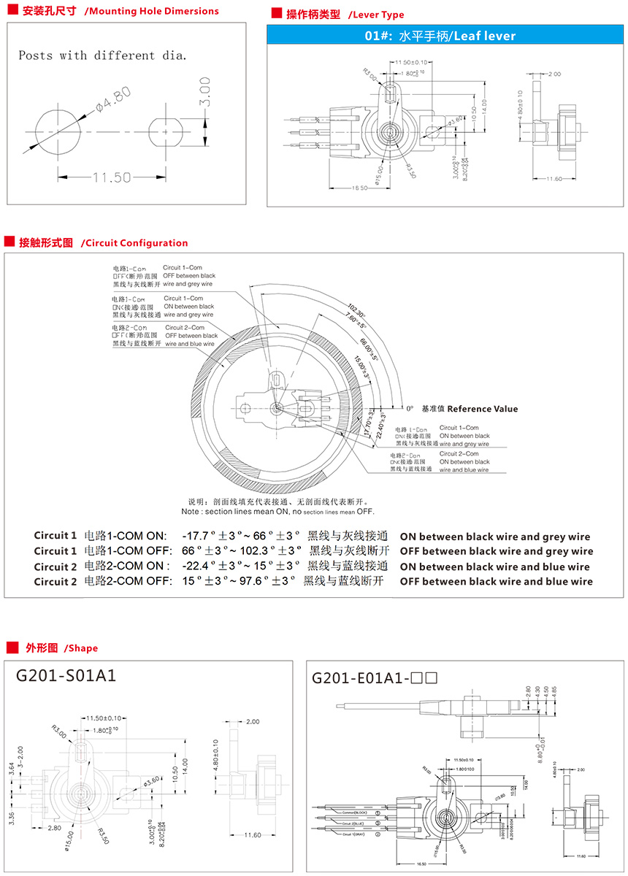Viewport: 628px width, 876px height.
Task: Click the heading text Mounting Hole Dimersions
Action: pos(151,11)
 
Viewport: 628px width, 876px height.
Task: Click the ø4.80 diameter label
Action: pos(113,100)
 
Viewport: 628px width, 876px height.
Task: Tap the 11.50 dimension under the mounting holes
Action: pos(111,177)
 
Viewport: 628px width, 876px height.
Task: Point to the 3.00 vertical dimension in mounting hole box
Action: pos(205,98)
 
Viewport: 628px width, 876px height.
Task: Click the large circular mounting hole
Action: pos(59,132)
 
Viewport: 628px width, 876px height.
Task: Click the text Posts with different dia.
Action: pos(102,55)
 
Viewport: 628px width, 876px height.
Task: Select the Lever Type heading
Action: pos(375,15)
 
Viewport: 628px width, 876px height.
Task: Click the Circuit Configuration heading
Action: pos(134,243)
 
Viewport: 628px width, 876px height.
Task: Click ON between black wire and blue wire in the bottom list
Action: pos(496,566)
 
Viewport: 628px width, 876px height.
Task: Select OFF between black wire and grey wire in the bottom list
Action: pos(496,551)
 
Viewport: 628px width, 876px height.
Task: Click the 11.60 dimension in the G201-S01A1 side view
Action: pos(253,834)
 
